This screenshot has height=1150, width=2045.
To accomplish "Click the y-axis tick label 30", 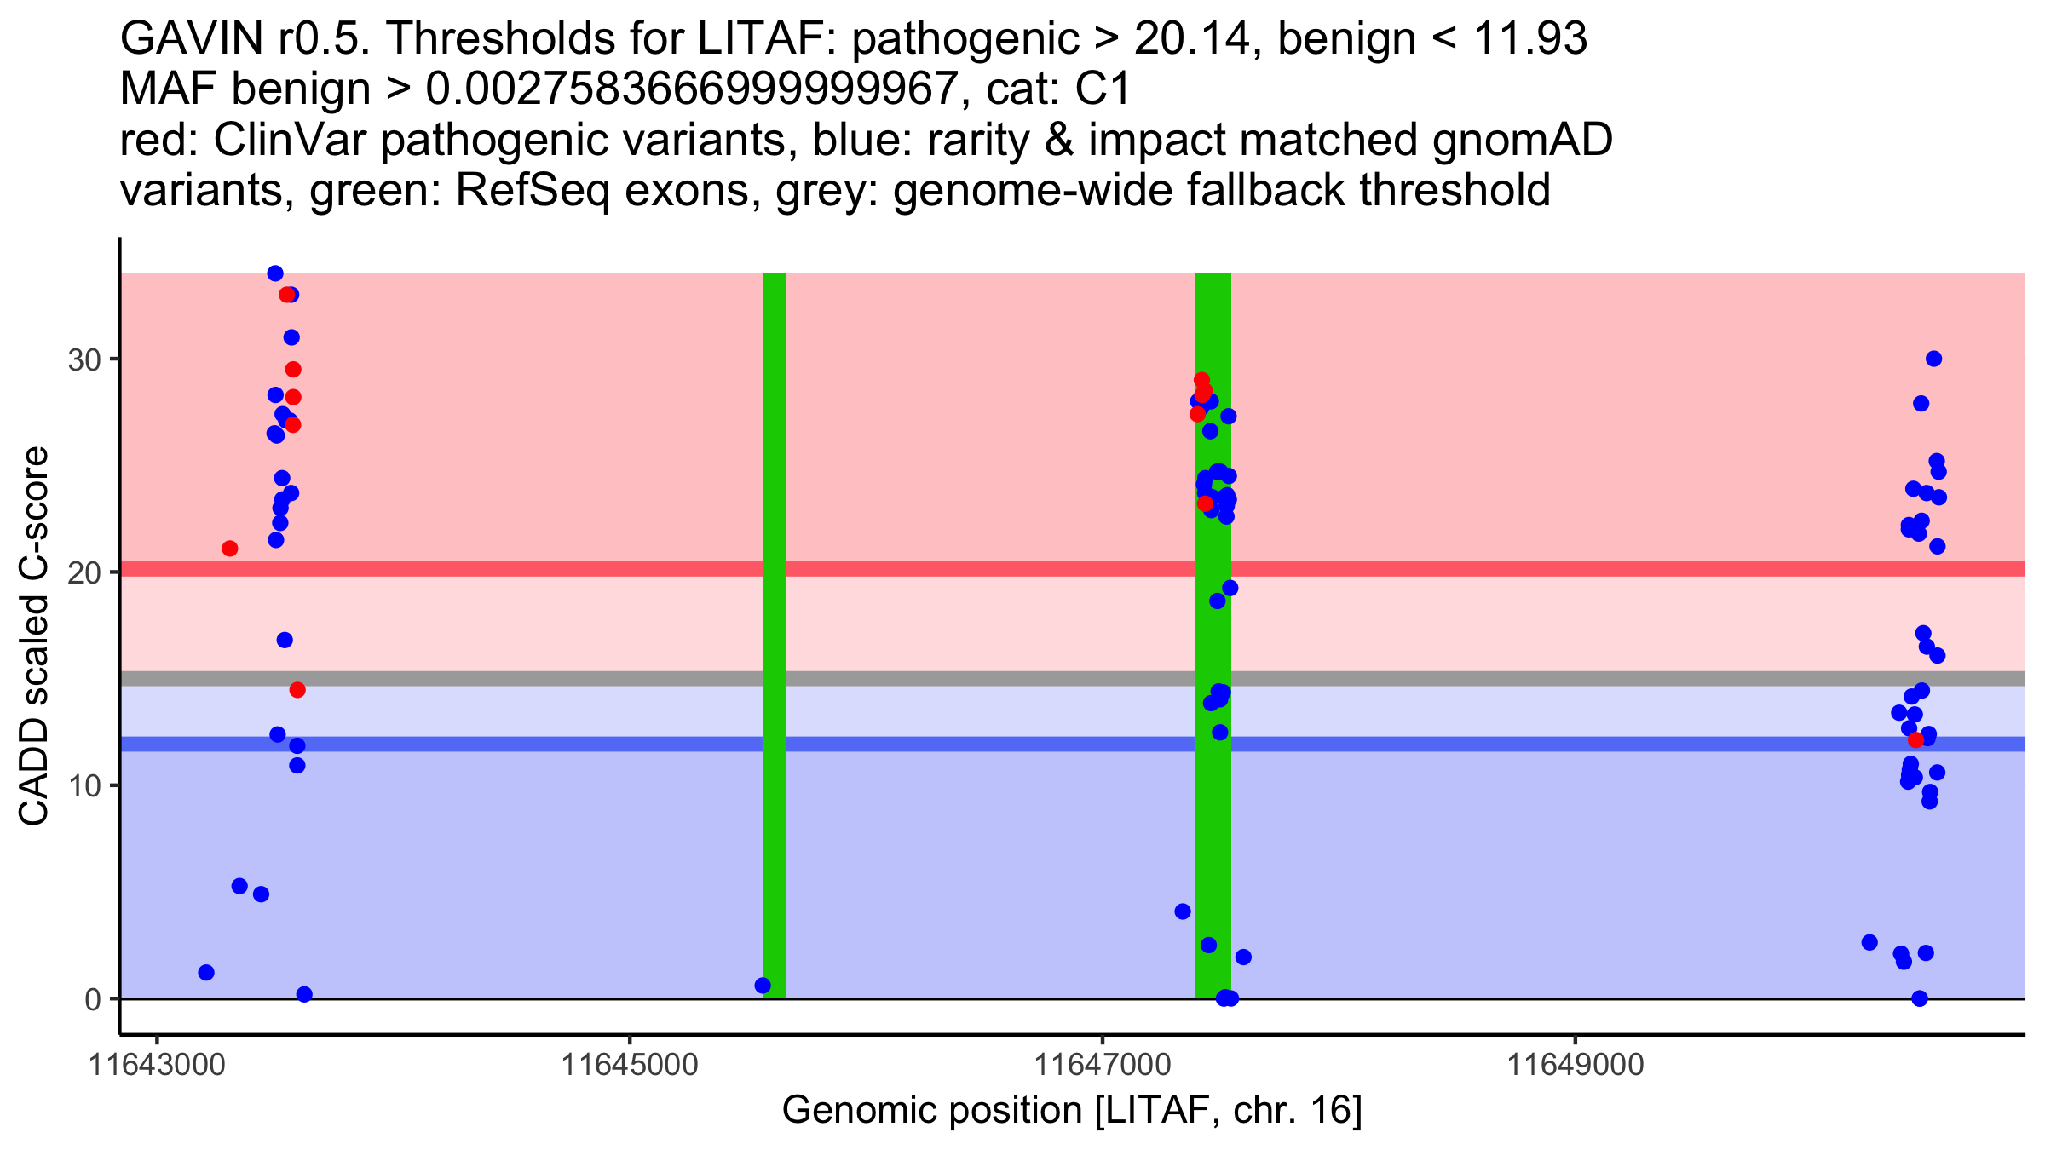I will click(x=83, y=359).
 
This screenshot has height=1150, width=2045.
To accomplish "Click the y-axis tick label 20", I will click(x=83, y=572).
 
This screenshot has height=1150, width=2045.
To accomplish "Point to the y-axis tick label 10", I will click(x=83, y=785).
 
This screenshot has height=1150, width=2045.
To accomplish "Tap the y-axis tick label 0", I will click(x=92, y=999).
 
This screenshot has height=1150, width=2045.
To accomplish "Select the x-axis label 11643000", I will click(x=157, y=1066).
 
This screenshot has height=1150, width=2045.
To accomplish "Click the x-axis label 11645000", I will click(x=630, y=1066).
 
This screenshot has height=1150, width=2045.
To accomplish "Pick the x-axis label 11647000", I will click(x=1102, y=1066).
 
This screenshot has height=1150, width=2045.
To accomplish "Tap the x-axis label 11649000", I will click(x=1575, y=1066).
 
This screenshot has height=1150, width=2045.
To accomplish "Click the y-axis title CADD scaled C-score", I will click(x=34, y=636).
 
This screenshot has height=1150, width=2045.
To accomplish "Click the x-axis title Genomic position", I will click(x=1072, y=1111).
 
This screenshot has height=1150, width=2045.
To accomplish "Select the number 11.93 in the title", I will click(x=1529, y=38).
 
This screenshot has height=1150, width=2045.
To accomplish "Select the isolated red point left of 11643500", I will click(x=230, y=549).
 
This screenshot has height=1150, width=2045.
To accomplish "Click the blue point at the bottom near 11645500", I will click(x=763, y=986).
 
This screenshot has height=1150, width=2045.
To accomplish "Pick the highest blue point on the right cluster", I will click(x=1933, y=359).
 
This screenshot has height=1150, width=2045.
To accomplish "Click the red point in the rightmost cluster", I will click(x=1916, y=739).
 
